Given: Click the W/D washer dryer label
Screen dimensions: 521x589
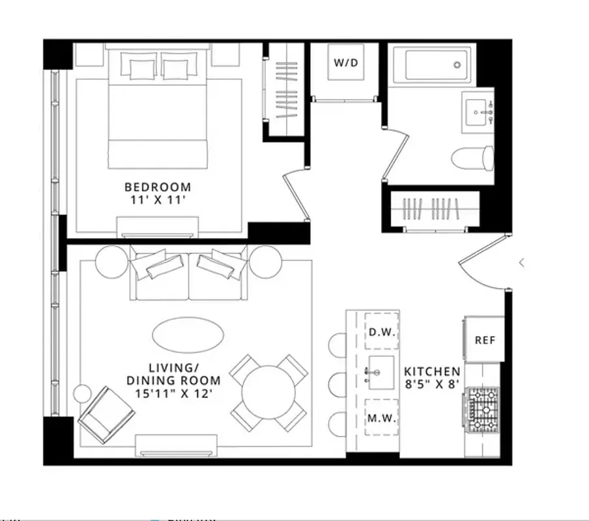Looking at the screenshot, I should (346, 63).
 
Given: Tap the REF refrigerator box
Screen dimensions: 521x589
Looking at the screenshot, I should (484, 340).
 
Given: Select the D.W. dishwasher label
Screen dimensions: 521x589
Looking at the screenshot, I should (381, 332).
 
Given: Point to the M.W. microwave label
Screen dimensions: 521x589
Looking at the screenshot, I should (381, 418).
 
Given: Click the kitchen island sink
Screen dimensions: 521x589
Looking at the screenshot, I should (381, 373).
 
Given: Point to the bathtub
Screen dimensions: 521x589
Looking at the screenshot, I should (432, 64).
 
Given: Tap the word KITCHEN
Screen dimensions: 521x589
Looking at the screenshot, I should (433, 371).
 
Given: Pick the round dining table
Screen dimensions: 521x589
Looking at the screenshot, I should (268, 393).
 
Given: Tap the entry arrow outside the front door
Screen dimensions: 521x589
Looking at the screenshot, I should (521, 263).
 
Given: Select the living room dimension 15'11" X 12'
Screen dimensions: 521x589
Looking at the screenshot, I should (173, 393).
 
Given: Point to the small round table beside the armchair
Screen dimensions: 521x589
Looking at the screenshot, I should (82, 393).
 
